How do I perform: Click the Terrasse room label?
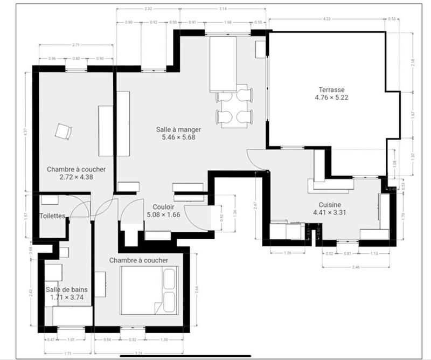[x=331, y=90]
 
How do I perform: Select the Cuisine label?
[x=329, y=205]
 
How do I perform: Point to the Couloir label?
[x=163, y=207]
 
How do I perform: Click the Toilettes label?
[x=52, y=216]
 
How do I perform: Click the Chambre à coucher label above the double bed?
[x=138, y=260]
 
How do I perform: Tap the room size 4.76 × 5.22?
[x=331, y=98]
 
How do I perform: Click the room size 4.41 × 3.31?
[x=329, y=212]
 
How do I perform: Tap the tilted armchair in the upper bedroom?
[x=64, y=131]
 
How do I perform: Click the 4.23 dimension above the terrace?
[x=327, y=19]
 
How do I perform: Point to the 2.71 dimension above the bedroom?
[x=76, y=45]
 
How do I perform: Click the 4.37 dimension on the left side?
[x=25, y=131]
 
